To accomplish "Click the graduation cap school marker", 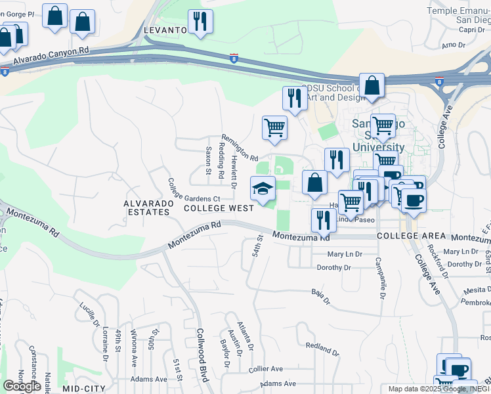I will pos(263,188).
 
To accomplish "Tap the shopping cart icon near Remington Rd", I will pos(274,127).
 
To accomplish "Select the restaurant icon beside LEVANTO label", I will pos(200,22).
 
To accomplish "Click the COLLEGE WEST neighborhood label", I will pos(219,208).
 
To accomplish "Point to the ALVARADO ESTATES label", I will pos(148,208).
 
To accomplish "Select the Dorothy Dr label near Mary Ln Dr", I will pos(339,268).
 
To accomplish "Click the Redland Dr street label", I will pos(322,349).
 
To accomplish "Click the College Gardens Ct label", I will pos(193,191).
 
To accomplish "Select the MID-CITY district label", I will pos(84,389).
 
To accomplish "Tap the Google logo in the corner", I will pos(22,386).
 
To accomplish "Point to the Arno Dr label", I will pos(453,45).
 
